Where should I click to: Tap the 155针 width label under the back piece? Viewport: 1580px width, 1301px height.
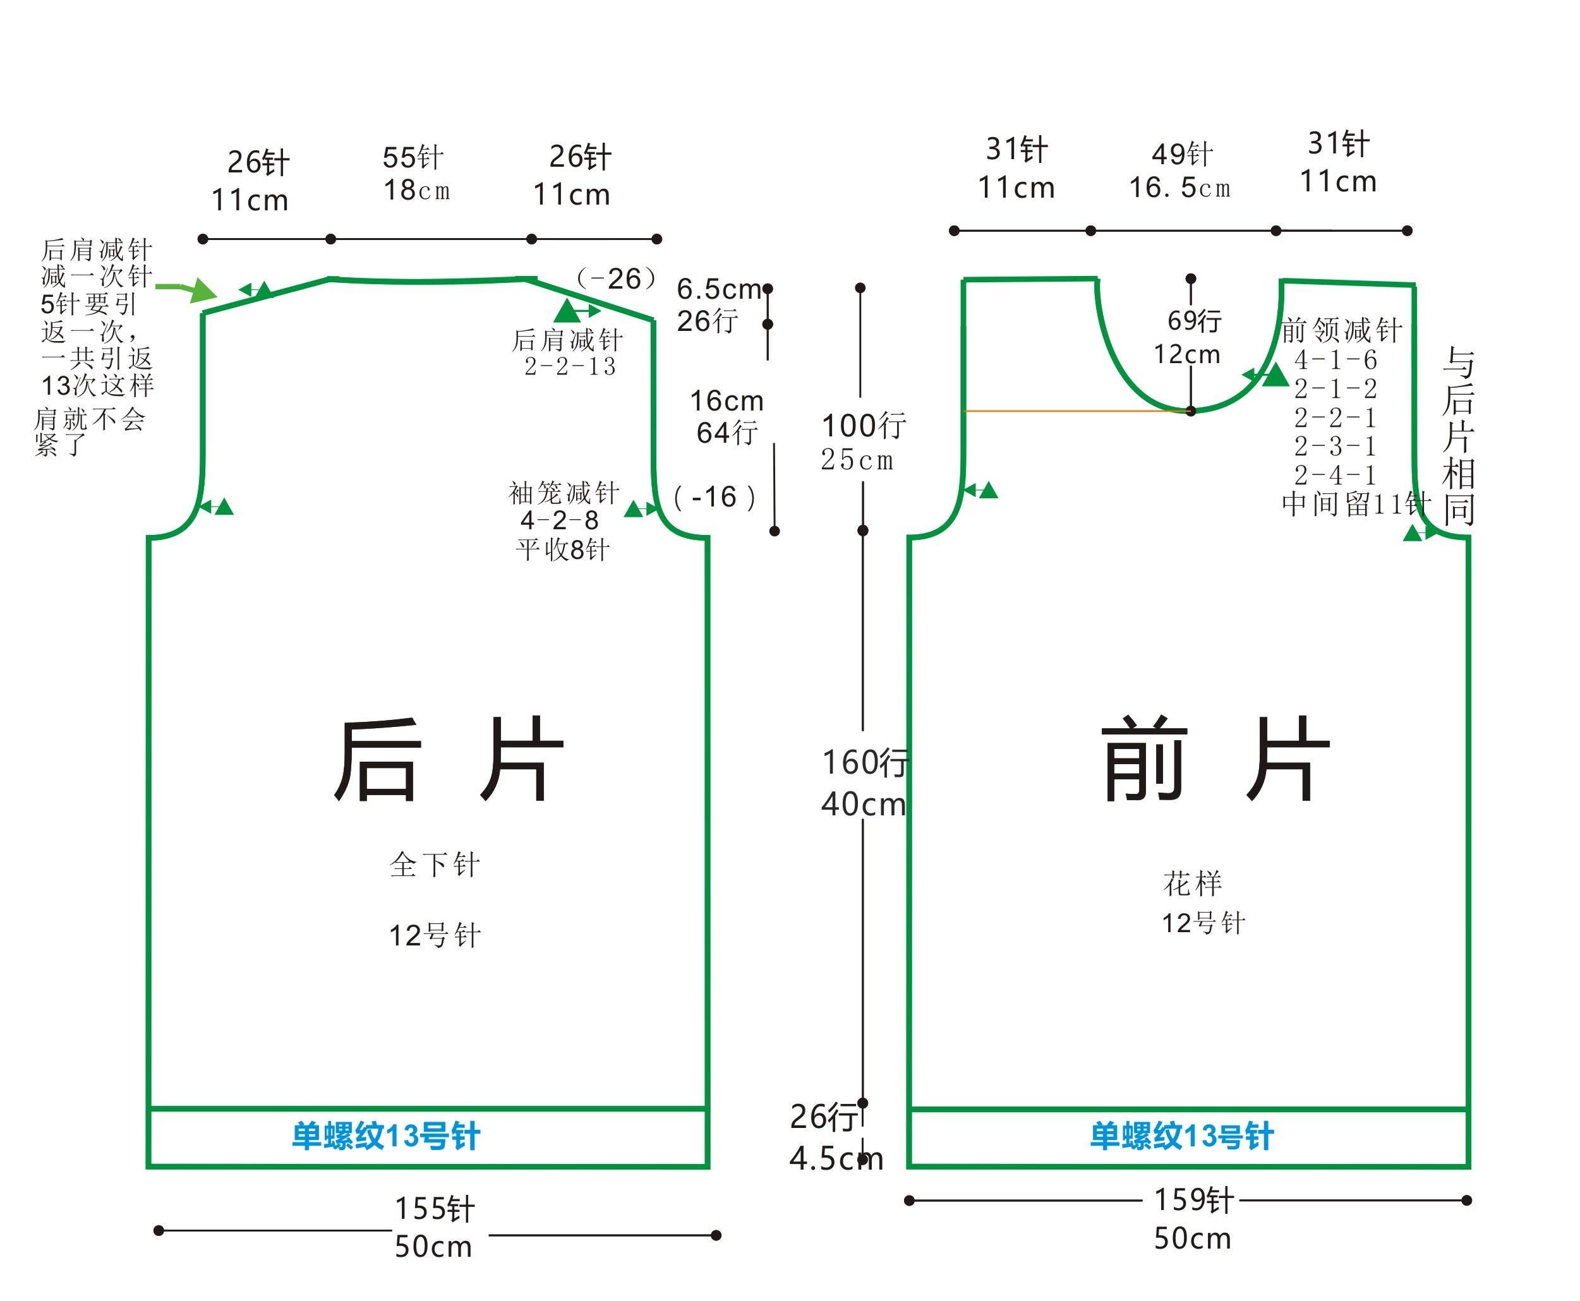435,1209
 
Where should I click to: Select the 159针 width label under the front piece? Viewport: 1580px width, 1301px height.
1193,1200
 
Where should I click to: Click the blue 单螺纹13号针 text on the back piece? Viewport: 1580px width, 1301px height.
386,1136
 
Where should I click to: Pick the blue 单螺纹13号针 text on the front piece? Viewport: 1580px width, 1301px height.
1181,1136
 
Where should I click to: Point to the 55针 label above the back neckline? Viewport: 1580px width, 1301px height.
413,157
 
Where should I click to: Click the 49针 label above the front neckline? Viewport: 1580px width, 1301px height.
1182,154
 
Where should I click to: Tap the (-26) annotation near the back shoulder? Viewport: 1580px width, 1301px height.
616,279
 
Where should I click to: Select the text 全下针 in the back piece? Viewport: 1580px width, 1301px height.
435,865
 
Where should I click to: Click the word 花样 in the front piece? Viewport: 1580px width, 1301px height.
1193,884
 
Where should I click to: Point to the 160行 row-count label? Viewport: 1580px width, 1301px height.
865,762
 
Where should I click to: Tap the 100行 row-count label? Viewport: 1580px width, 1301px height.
864,426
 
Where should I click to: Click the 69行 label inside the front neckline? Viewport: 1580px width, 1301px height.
1194,321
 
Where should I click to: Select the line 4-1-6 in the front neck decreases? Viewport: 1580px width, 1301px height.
1336,360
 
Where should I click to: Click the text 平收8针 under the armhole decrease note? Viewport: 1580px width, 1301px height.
563,550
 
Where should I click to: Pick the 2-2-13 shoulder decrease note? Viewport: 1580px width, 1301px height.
570,366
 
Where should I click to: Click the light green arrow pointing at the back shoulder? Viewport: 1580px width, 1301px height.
186,289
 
